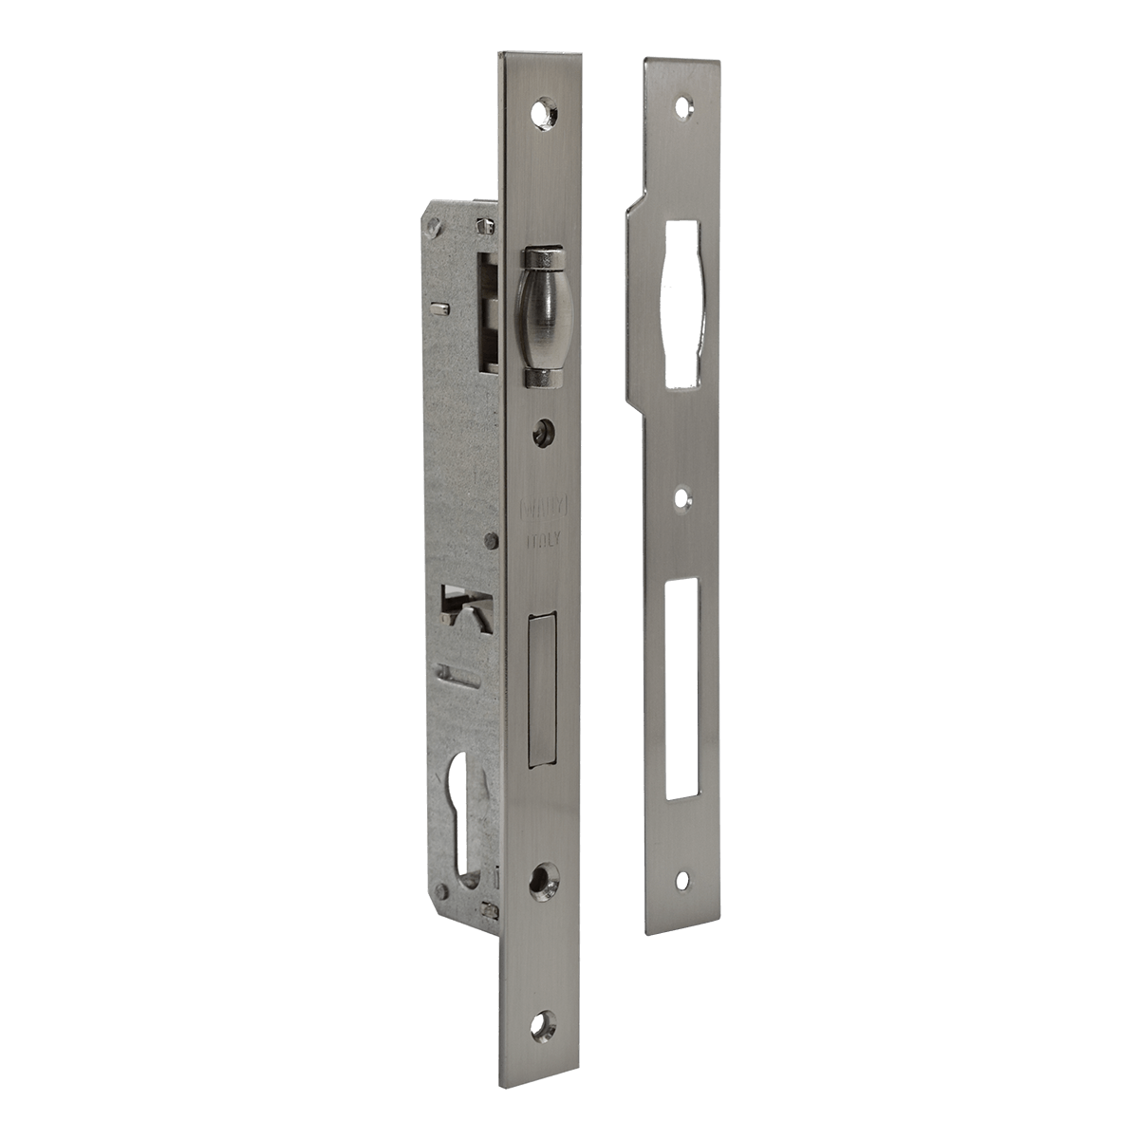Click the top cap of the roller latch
click(x=540, y=259)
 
